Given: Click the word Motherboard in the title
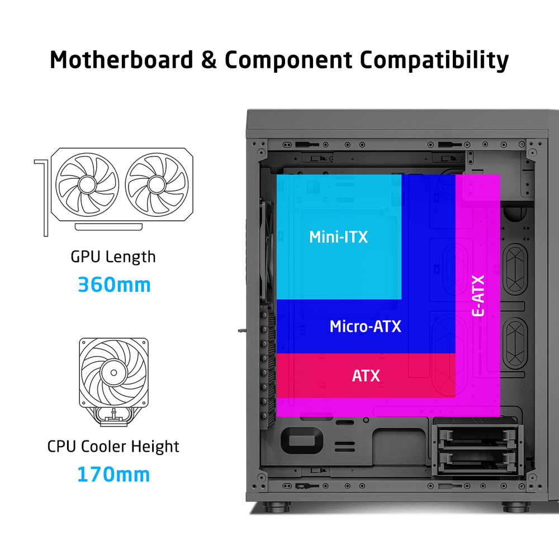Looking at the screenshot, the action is tap(121, 60).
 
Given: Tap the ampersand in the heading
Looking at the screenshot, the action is tap(209, 60).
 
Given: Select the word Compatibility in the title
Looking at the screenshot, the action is tap(434, 60).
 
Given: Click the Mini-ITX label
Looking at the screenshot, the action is tap(338, 237).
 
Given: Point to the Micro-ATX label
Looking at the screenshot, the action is tap(366, 326).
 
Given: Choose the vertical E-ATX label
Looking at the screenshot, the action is tap(478, 296).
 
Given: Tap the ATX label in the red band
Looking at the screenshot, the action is tap(366, 376).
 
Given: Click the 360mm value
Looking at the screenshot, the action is tap(114, 285).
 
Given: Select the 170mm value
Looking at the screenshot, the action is tap(113, 475).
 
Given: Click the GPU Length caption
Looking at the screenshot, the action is tap(113, 257).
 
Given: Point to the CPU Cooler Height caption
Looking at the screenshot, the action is tap(113, 446).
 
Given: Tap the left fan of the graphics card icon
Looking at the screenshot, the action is tap(87, 184).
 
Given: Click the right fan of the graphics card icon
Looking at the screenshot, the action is tap(157, 184).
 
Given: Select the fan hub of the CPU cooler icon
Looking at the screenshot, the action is tap(113, 372).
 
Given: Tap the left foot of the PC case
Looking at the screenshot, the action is tap(277, 506).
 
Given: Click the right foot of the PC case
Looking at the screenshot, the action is tap(516, 506).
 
